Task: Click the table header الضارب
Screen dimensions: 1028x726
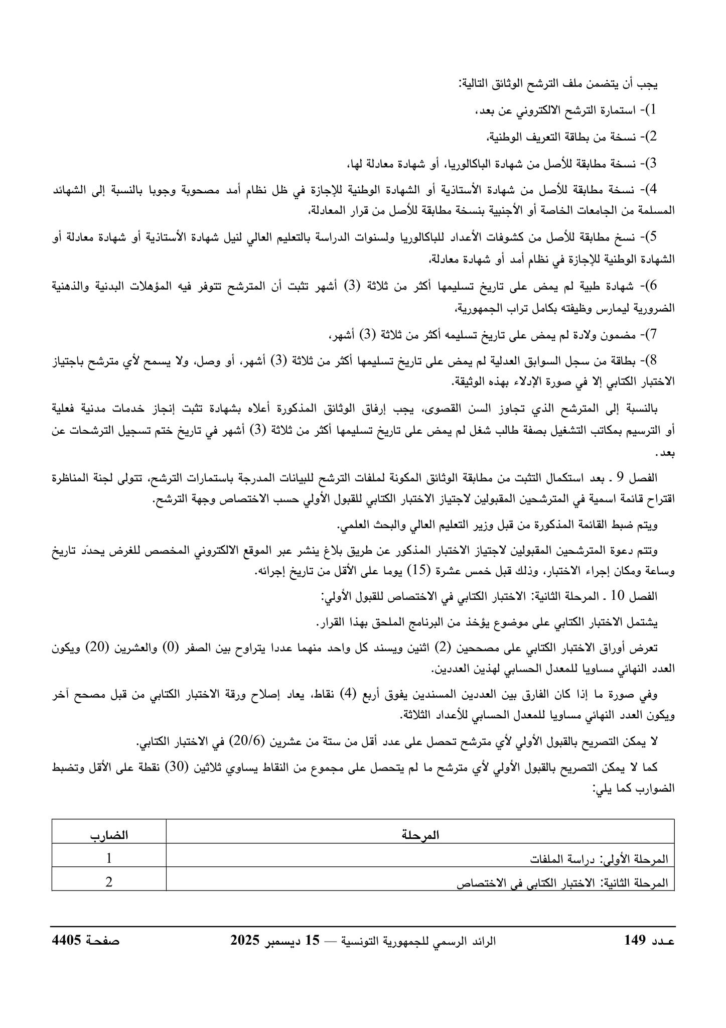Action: point(109,835)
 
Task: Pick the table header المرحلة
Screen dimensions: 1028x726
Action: point(420,835)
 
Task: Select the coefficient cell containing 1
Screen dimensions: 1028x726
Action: point(109,858)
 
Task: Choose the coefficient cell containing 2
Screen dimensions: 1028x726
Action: point(109,882)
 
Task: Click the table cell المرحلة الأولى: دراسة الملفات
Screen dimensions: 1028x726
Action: point(600,859)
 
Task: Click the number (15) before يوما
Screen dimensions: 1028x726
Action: point(417,571)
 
